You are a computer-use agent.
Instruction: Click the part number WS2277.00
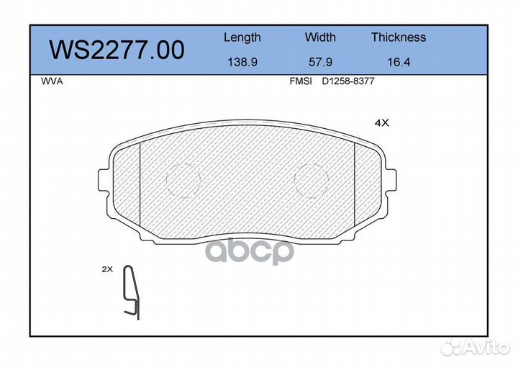(x=116, y=50)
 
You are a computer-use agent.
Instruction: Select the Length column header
(x=242, y=37)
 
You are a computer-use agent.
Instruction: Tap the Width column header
(x=320, y=37)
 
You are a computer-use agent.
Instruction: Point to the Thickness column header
(x=399, y=37)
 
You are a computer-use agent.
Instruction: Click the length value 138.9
(x=242, y=62)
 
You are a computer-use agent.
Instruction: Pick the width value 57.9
(x=320, y=62)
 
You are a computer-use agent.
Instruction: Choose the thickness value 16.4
(x=399, y=62)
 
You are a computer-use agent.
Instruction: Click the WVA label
(x=53, y=81)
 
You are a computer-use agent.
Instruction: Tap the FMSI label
(x=300, y=81)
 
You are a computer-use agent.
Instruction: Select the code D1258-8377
(x=348, y=81)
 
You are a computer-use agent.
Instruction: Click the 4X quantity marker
(x=381, y=123)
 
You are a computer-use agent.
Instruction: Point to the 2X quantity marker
(x=107, y=269)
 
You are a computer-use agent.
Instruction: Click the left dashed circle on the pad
(x=183, y=177)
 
